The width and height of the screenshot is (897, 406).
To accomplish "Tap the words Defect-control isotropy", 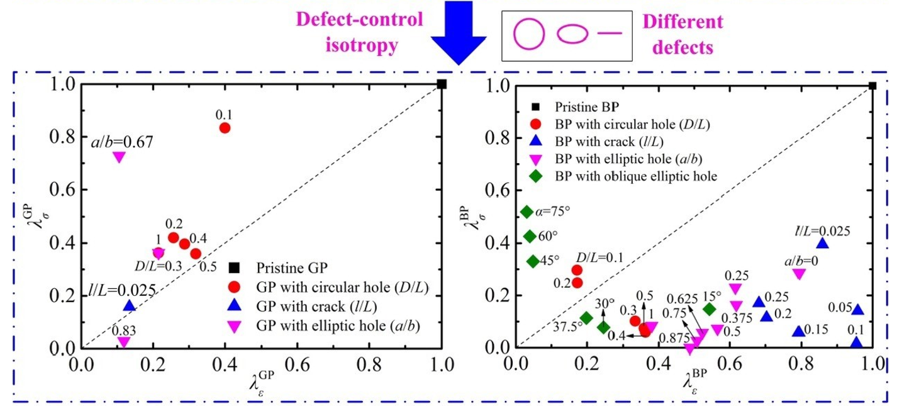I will [x=369, y=33].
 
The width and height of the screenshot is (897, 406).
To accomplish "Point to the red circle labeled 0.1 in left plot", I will [x=225, y=128].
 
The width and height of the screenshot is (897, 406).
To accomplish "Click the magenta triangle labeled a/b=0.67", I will [x=118, y=157].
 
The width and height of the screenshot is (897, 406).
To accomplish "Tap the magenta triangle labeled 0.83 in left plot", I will [x=124, y=342].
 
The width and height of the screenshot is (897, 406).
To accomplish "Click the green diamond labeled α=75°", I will [x=527, y=212].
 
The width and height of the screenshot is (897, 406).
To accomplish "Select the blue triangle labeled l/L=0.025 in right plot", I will [x=822, y=244].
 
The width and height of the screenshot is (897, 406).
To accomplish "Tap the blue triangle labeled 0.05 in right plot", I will [x=857, y=310].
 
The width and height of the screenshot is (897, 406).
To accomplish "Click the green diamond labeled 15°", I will [x=709, y=309].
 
